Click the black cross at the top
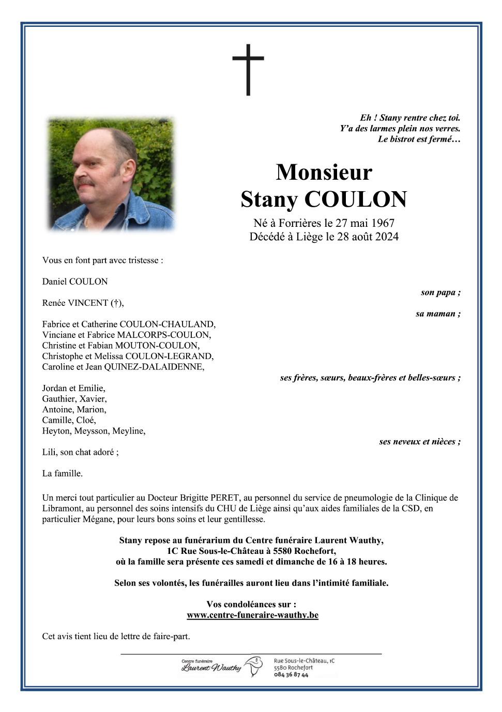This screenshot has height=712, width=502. pyautogui.click(x=248, y=69)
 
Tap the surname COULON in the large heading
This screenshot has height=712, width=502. pyautogui.click(x=355, y=199)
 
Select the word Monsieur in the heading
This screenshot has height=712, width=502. pyautogui.click(x=324, y=172)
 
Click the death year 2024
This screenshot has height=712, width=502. pyautogui.click(x=387, y=237)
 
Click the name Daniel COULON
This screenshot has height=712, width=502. pyautogui.click(x=75, y=282)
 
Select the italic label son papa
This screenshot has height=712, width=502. pyautogui.click(x=440, y=292)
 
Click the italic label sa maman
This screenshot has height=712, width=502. pyautogui.click(x=437, y=314)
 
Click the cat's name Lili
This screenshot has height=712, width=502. pyautogui.click(x=49, y=452)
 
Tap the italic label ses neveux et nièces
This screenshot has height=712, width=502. pyautogui.click(x=419, y=442)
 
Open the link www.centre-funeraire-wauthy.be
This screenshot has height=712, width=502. pyautogui.click(x=252, y=615)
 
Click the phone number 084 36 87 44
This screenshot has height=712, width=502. pyautogui.click(x=291, y=675)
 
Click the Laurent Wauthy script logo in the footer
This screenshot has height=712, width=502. pyautogui.click(x=211, y=668)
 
